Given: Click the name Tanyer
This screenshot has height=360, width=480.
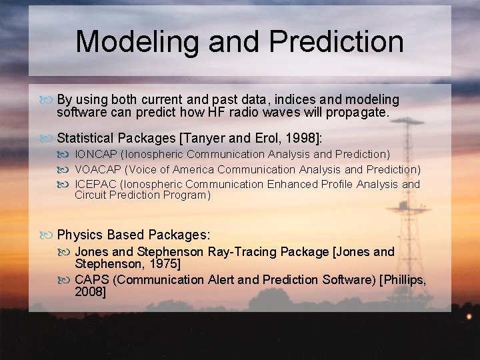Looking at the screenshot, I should click(205, 138).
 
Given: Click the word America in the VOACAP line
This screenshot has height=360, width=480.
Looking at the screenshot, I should click(193, 169).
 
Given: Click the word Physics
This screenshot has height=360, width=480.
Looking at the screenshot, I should click(79, 235).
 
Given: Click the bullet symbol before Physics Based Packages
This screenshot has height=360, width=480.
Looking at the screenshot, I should click(47, 235).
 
